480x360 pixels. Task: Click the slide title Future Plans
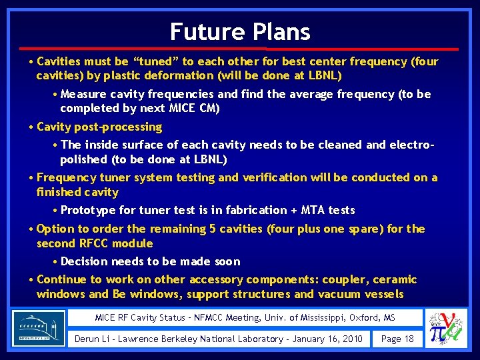240,31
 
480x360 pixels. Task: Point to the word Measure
83,94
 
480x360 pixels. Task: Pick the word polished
83,159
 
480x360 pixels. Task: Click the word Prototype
88,210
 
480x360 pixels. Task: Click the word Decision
85,261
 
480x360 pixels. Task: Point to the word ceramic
395,279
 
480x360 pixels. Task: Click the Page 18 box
397,339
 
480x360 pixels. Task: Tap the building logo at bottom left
38,328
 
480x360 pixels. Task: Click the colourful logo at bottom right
447,328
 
